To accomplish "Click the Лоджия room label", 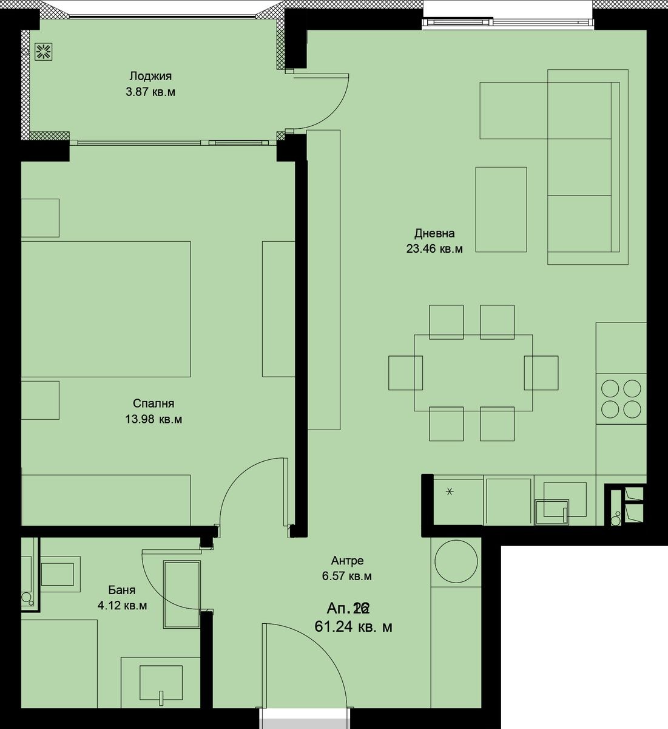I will click(x=150, y=76).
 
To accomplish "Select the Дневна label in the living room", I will click(x=434, y=233).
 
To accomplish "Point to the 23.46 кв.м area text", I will click(x=434, y=248).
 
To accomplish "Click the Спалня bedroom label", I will click(x=154, y=403).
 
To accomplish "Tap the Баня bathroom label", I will click(x=122, y=590).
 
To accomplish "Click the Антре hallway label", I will click(x=347, y=561).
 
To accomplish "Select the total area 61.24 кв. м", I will click(x=353, y=627).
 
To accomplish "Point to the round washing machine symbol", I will click(x=455, y=562).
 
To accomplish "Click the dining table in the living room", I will click(x=473, y=372).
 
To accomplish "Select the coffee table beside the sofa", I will click(x=501, y=210).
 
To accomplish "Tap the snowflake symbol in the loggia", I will click(x=43, y=52).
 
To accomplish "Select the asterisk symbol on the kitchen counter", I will click(x=450, y=491).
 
